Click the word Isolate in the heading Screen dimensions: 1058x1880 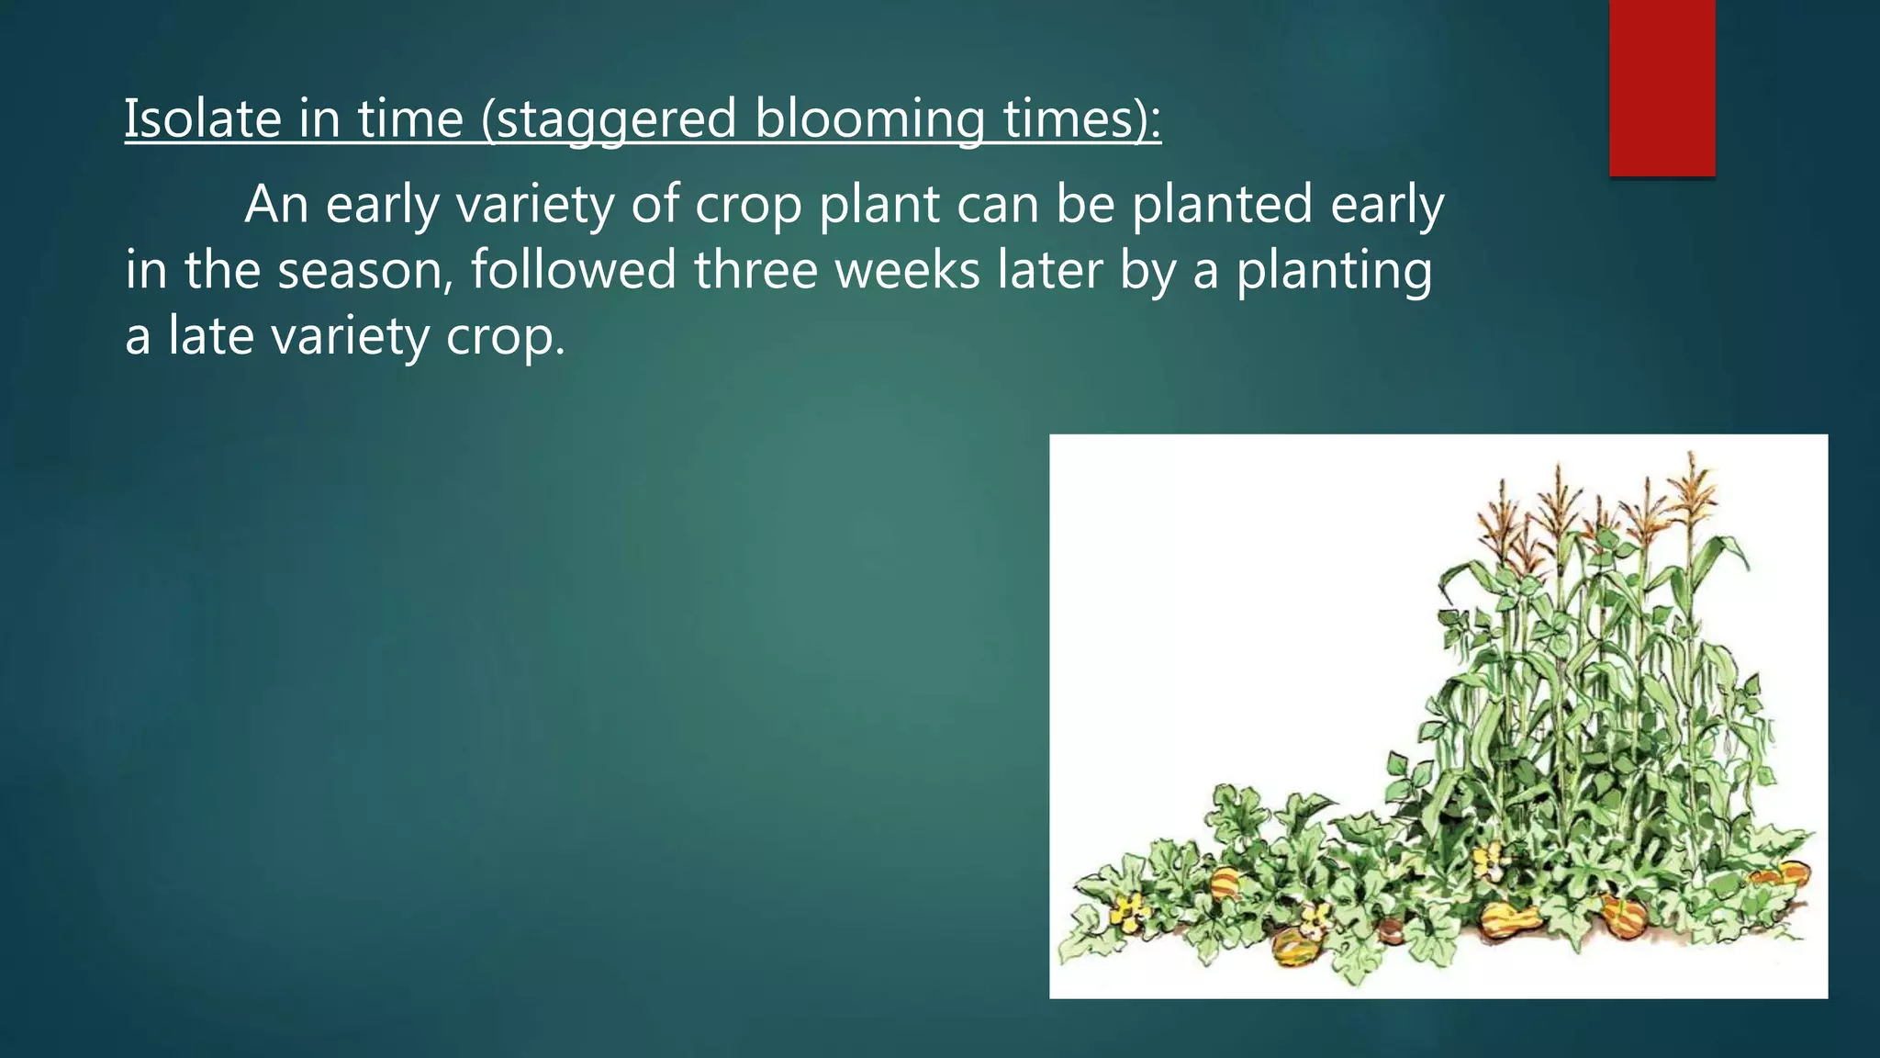[203, 118]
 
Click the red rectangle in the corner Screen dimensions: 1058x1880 [1662, 87]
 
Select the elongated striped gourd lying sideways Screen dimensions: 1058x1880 [1509, 918]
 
